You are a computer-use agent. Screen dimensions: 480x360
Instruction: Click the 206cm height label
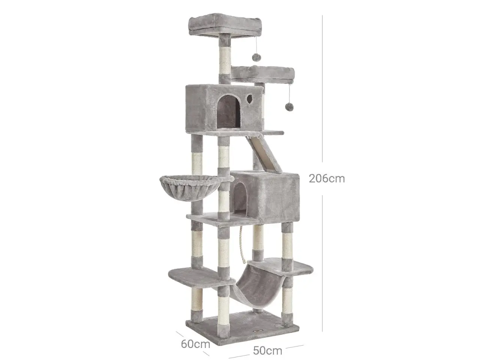click(x=327, y=178)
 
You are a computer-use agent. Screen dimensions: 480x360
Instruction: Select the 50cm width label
click(x=267, y=351)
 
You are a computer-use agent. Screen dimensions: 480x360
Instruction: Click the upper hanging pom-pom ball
click(x=256, y=57)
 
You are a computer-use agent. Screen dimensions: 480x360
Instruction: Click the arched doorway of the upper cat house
click(x=228, y=111)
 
